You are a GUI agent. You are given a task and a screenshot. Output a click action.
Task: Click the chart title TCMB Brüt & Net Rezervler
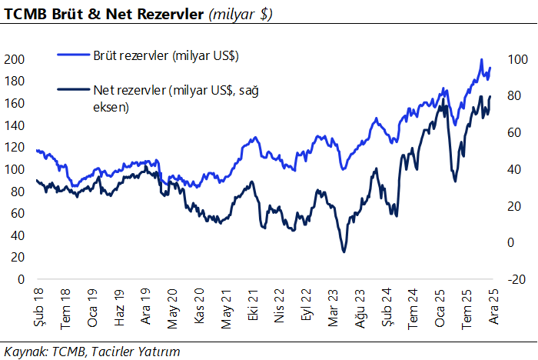[104, 14]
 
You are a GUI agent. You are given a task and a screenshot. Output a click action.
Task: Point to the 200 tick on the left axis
[15, 59]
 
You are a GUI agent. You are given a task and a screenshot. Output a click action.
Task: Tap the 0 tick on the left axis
[21, 280]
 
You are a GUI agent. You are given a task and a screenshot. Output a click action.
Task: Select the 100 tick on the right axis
[516, 59]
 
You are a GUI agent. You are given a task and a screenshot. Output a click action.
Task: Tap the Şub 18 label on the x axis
[38, 302]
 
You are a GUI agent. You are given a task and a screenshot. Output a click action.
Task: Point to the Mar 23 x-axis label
[333, 302]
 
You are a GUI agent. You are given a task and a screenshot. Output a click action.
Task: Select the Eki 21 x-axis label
[253, 302]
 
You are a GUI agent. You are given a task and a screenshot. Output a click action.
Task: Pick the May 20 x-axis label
[172, 302]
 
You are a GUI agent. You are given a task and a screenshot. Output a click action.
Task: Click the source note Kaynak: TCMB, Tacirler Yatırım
[92, 351]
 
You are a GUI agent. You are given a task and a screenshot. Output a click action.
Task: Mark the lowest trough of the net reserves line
[344, 252]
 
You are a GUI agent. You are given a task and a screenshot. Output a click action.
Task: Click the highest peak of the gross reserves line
[481, 60]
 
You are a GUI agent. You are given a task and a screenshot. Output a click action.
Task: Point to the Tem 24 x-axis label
[413, 302]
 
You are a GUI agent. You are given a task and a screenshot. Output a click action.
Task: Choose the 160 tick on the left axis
[15, 104]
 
